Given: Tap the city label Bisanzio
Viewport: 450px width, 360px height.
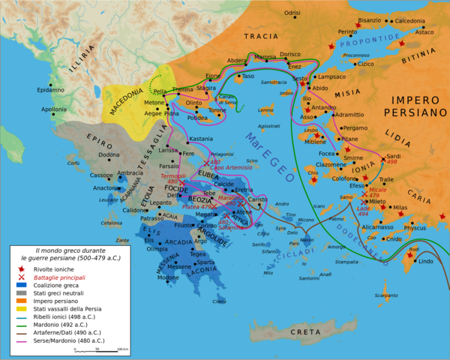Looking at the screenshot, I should (369, 20).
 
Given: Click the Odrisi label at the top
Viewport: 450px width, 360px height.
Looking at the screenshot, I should (292, 13).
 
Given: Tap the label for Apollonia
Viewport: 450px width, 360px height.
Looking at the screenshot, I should (54, 109).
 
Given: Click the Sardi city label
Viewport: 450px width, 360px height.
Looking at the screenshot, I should (393, 156).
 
